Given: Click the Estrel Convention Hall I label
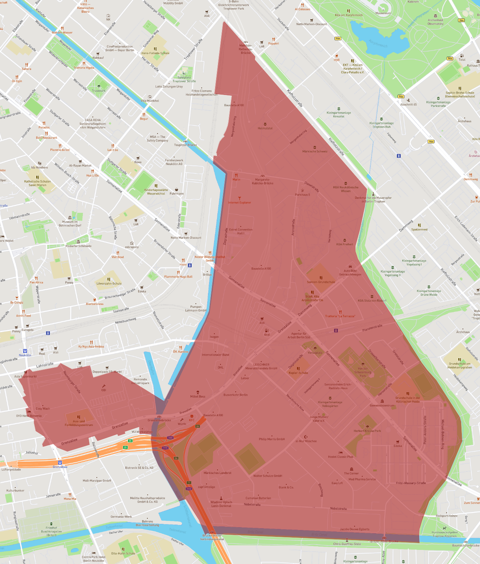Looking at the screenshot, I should tap(241, 231).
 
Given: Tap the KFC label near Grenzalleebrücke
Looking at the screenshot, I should tap(192, 420).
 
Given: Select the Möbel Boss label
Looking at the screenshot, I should tap(197, 396).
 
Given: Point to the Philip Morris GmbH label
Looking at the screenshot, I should tap(272, 439).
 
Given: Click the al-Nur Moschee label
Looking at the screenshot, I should tap(306, 441).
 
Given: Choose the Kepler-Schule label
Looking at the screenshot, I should tap(298, 373).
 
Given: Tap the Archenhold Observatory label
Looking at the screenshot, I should tap(435, 22).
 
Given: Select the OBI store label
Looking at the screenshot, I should tap(104, 390).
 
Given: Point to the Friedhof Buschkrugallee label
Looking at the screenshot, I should tap(51, 531).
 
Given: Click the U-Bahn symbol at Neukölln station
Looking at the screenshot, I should tap(25, 351).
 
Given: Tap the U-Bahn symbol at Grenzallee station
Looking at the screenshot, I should tap(60, 462).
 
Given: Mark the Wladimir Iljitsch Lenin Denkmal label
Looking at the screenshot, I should tap(221, 504).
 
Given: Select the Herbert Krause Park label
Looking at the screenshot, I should tap(367, 431).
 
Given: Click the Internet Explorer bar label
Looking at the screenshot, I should tap(239, 202).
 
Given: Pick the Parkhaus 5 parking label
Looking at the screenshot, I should tap(302, 194).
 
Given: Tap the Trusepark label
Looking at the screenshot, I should tap(99, 91).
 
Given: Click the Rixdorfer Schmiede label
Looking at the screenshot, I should tap(78, 246).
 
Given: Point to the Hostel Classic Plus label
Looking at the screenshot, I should tap(340, 456).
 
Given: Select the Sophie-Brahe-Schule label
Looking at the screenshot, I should tap(460, 94).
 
